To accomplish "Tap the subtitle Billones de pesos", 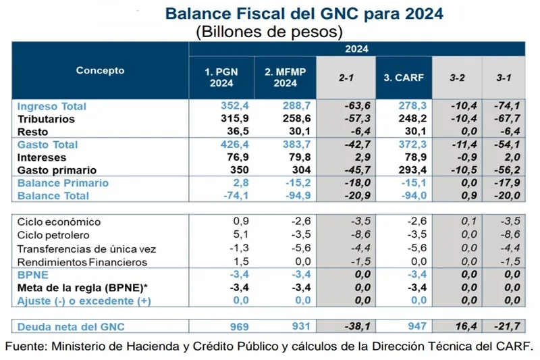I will point(269,31).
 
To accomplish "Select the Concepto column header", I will point(100,70).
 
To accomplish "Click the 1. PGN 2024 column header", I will point(221,78).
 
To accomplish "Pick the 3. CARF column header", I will point(403,78).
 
